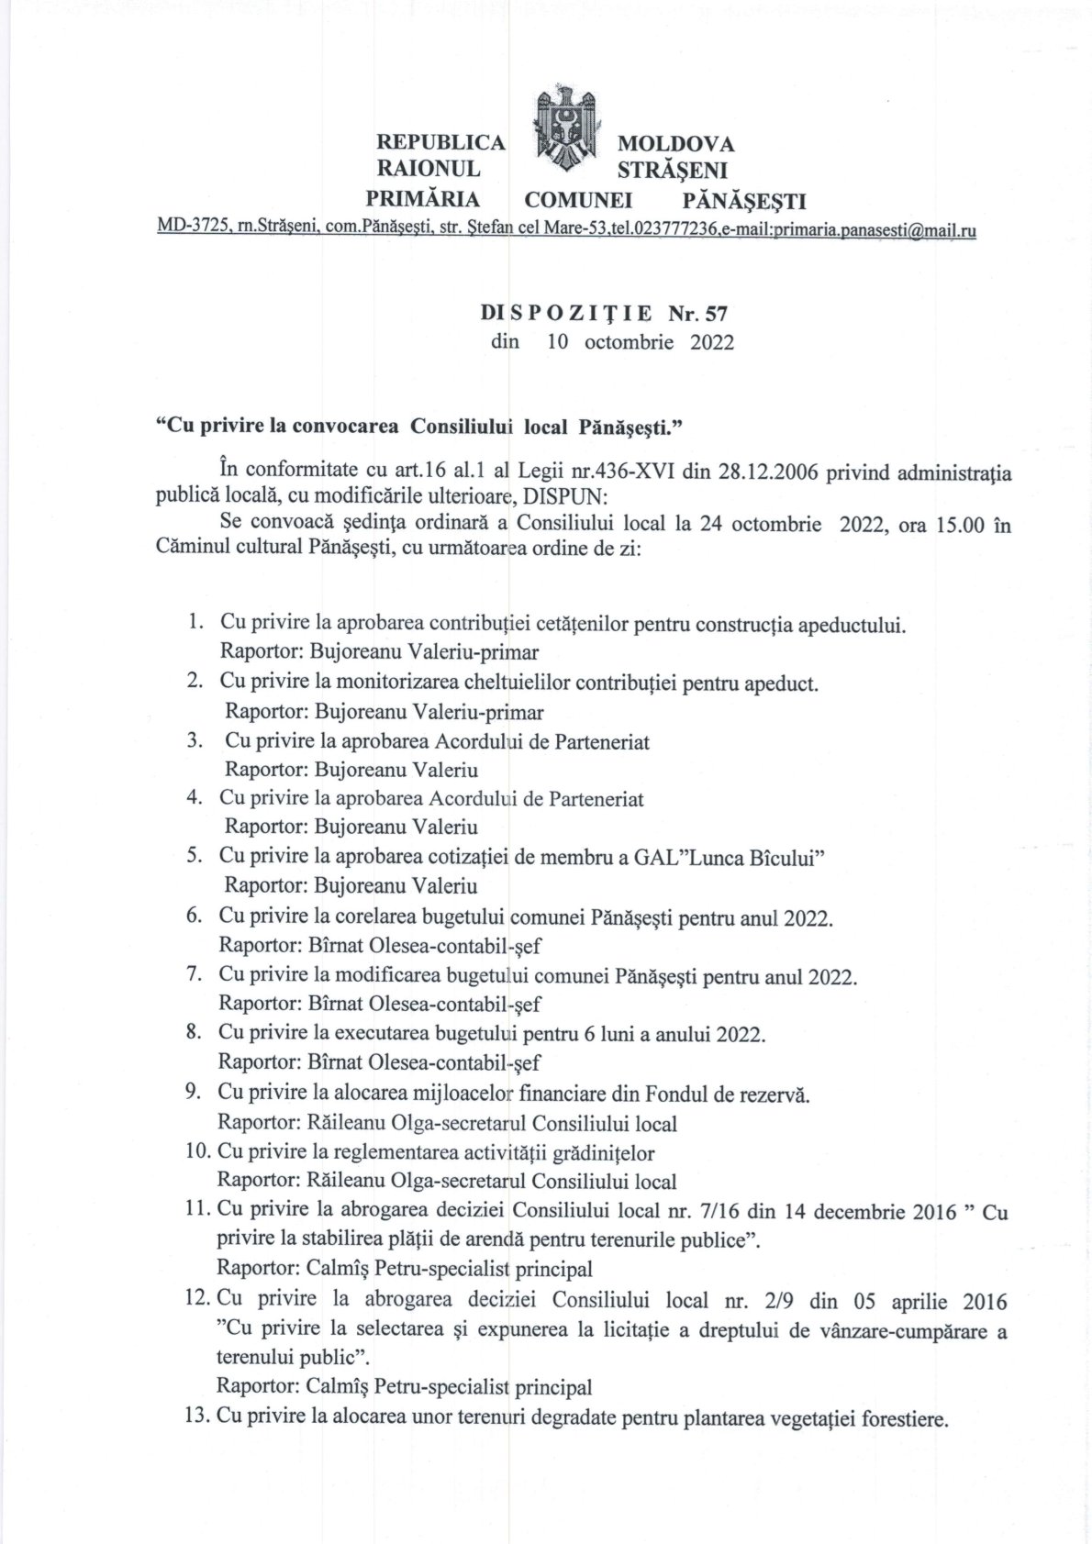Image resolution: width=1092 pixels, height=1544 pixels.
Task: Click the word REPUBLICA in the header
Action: [x=440, y=143]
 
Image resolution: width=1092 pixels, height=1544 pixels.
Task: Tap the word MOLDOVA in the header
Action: [x=675, y=144]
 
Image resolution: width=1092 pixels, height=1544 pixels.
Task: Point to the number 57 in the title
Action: [x=715, y=314]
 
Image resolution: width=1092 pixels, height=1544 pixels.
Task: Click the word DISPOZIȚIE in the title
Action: [x=566, y=314]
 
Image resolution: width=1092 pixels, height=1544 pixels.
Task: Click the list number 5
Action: [x=194, y=856]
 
